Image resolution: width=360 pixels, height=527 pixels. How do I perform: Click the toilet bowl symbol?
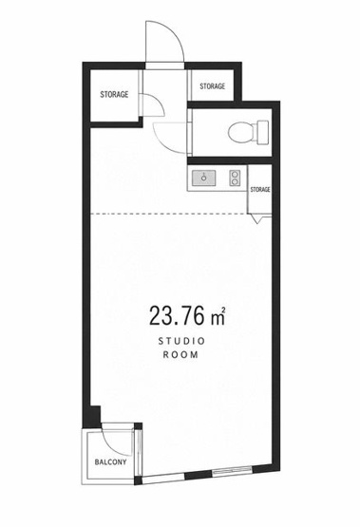pos(241,132)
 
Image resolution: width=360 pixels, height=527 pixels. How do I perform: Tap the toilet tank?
pos(263,132)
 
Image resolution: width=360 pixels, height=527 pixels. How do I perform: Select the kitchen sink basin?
pos(203,178)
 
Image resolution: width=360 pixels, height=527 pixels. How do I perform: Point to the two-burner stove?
pos(235,178)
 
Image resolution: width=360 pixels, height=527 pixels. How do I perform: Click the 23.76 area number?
pos(177,315)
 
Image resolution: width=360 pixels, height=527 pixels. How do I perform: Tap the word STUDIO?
pos(181,342)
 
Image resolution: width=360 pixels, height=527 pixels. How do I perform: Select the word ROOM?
pos(180,354)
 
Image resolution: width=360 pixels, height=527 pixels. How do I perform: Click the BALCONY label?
pos(110,462)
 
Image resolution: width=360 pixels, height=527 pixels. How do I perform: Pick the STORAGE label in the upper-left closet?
pos(114,94)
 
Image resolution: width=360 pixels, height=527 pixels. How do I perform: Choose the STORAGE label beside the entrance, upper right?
pos(213,86)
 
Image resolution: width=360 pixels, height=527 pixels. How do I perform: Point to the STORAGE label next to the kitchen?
pos(260,190)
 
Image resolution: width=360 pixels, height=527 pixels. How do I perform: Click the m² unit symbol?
pos(218,317)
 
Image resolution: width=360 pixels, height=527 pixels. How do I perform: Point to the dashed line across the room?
pos(169,214)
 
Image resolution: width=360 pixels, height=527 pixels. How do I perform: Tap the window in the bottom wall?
pos(233,470)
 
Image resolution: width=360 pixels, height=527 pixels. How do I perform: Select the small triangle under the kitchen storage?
pos(258,220)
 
